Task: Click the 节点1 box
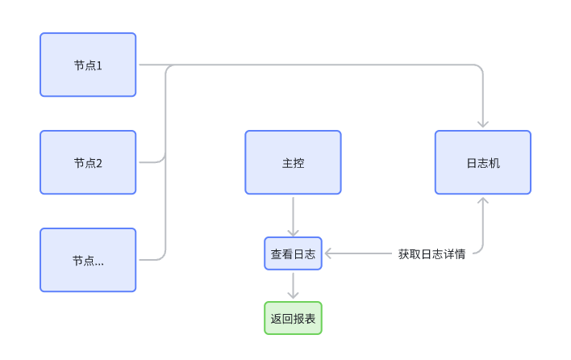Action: pyautogui.click(x=88, y=65)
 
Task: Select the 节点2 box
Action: pyautogui.click(x=88, y=162)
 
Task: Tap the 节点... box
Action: pyautogui.click(x=88, y=260)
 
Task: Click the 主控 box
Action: pyautogui.click(x=293, y=162)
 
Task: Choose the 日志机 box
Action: pyautogui.click(x=483, y=162)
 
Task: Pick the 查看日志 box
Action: pyautogui.click(x=293, y=253)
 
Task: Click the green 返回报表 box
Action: pyautogui.click(x=293, y=318)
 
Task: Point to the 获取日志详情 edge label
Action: pyautogui.click(x=431, y=253)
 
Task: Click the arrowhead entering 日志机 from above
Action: pyautogui.click(x=483, y=123)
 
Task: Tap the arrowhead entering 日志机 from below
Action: pyautogui.click(x=483, y=201)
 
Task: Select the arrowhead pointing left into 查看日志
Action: pyautogui.click(x=329, y=253)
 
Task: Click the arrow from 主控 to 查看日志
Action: pyautogui.click(x=293, y=216)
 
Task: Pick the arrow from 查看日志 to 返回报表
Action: pyautogui.click(x=293, y=286)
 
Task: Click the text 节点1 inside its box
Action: pyautogui.click(x=88, y=65)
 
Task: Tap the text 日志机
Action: pyautogui.click(x=483, y=163)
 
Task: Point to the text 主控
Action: pyautogui.click(x=293, y=163)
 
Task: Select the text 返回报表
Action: pyautogui.click(x=293, y=319)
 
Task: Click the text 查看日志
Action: pyautogui.click(x=293, y=254)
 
